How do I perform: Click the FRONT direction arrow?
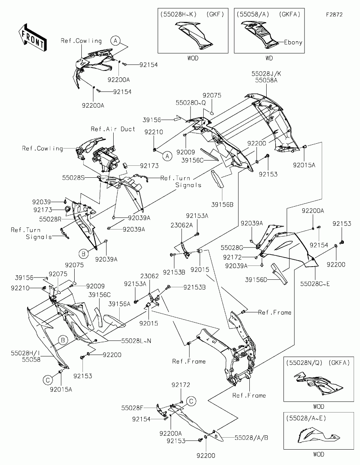(x=32, y=37)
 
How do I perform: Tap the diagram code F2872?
(x=334, y=15)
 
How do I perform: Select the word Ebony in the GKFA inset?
(x=293, y=42)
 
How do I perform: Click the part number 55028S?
(x=73, y=178)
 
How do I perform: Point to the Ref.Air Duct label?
(x=113, y=129)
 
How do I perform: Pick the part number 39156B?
(x=222, y=205)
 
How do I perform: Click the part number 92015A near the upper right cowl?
(x=304, y=165)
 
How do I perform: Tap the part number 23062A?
(x=181, y=225)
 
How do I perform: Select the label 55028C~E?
(x=315, y=284)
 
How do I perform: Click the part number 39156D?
(x=256, y=280)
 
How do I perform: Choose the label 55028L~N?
(x=136, y=340)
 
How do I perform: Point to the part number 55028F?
(x=132, y=408)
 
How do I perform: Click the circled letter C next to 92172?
(x=191, y=401)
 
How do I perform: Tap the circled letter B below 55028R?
(x=83, y=254)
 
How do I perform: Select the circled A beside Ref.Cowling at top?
(x=115, y=40)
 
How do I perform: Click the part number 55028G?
(x=232, y=248)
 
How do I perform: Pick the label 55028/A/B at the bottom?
(x=251, y=438)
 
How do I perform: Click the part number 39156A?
(x=119, y=304)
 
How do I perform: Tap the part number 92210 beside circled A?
(x=154, y=132)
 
